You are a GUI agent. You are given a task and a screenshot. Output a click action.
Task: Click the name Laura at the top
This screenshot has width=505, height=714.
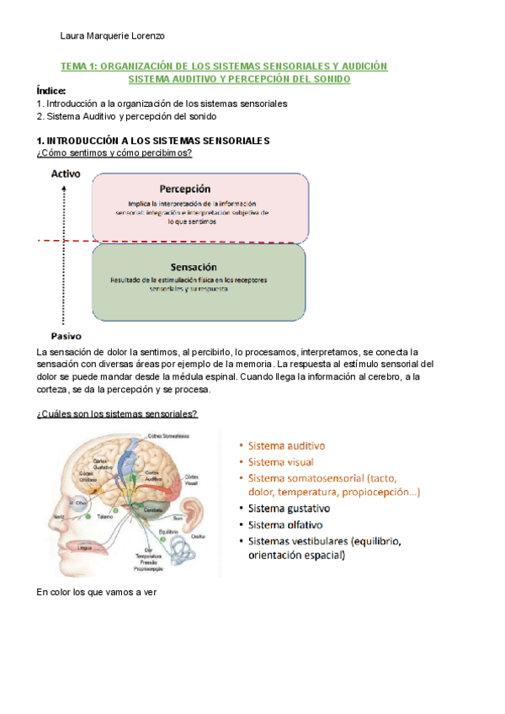coord(74,36)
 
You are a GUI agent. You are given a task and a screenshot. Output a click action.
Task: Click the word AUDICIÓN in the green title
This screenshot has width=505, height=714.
coord(363,66)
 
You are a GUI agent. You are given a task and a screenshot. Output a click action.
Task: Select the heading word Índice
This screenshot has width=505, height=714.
coord(51,91)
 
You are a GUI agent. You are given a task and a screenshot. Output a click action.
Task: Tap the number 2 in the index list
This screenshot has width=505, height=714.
coord(40,117)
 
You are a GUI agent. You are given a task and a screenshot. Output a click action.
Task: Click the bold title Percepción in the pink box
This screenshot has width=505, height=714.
coord(184,189)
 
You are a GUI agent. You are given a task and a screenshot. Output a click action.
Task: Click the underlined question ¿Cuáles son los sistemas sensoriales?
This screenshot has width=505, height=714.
coord(117,413)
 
